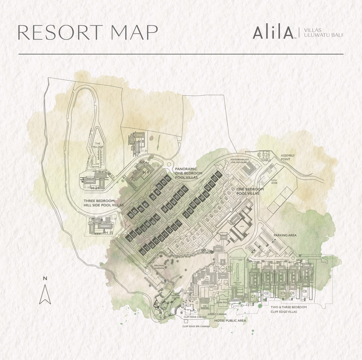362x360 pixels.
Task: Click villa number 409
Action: [131, 215]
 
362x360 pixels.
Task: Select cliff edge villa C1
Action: [253, 297]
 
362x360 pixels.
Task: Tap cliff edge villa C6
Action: [305, 291]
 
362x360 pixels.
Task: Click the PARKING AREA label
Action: [285, 235]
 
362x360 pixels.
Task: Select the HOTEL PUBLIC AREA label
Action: [230, 321]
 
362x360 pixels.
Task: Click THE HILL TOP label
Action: [97, 145]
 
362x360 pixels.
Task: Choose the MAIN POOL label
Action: [223, 302]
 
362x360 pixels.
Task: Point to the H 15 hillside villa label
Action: [108, 232]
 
